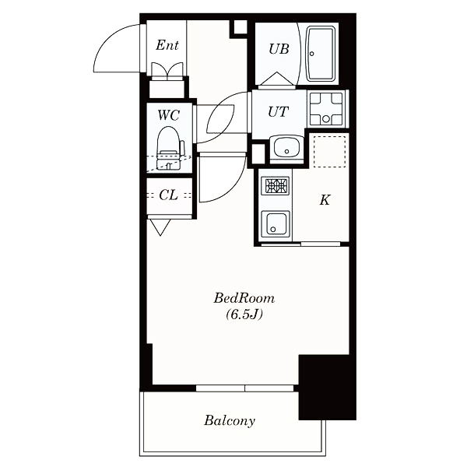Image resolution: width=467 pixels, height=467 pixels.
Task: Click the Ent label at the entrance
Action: click(x=167, y=45)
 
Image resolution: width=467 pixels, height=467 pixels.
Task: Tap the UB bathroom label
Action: click(x=279, y=49)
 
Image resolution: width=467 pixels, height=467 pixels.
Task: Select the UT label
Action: click(x=278, y=112)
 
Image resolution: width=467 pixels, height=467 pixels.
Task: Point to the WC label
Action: click(x=169, y=115)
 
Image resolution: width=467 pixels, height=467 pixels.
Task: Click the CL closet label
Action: click(x=168, y=195)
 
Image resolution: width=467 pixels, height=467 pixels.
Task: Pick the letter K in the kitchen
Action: click(x=325, y=200)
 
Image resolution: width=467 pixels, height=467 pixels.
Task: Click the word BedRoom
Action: click(x=244, y=298)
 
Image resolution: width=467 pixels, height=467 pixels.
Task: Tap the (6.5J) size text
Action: click(x=244, y=314)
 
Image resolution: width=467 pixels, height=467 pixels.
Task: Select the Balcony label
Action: click(x=230, y=421)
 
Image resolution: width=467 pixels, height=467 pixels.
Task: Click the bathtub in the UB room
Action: click(x=321, y=54)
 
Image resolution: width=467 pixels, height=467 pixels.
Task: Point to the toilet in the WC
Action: click(x=169, y=148)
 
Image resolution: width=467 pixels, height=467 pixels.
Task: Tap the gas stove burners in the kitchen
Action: click(x=275, y=186)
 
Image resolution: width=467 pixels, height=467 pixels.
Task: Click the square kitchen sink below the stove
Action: click(x=275, y=223)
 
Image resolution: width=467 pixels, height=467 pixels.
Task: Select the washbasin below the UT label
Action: click(x=286, y=148)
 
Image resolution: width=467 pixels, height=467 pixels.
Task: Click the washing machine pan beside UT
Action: click(x=326, y=109)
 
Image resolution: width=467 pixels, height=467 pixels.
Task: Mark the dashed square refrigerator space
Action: click(x=329, y=152)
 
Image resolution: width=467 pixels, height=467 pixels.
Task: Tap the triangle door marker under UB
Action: click(x=277, y=79)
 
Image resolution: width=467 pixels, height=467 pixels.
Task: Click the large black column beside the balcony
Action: click(x=328, y=387)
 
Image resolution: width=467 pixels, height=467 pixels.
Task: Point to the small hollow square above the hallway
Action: click(x=240, y=27)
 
